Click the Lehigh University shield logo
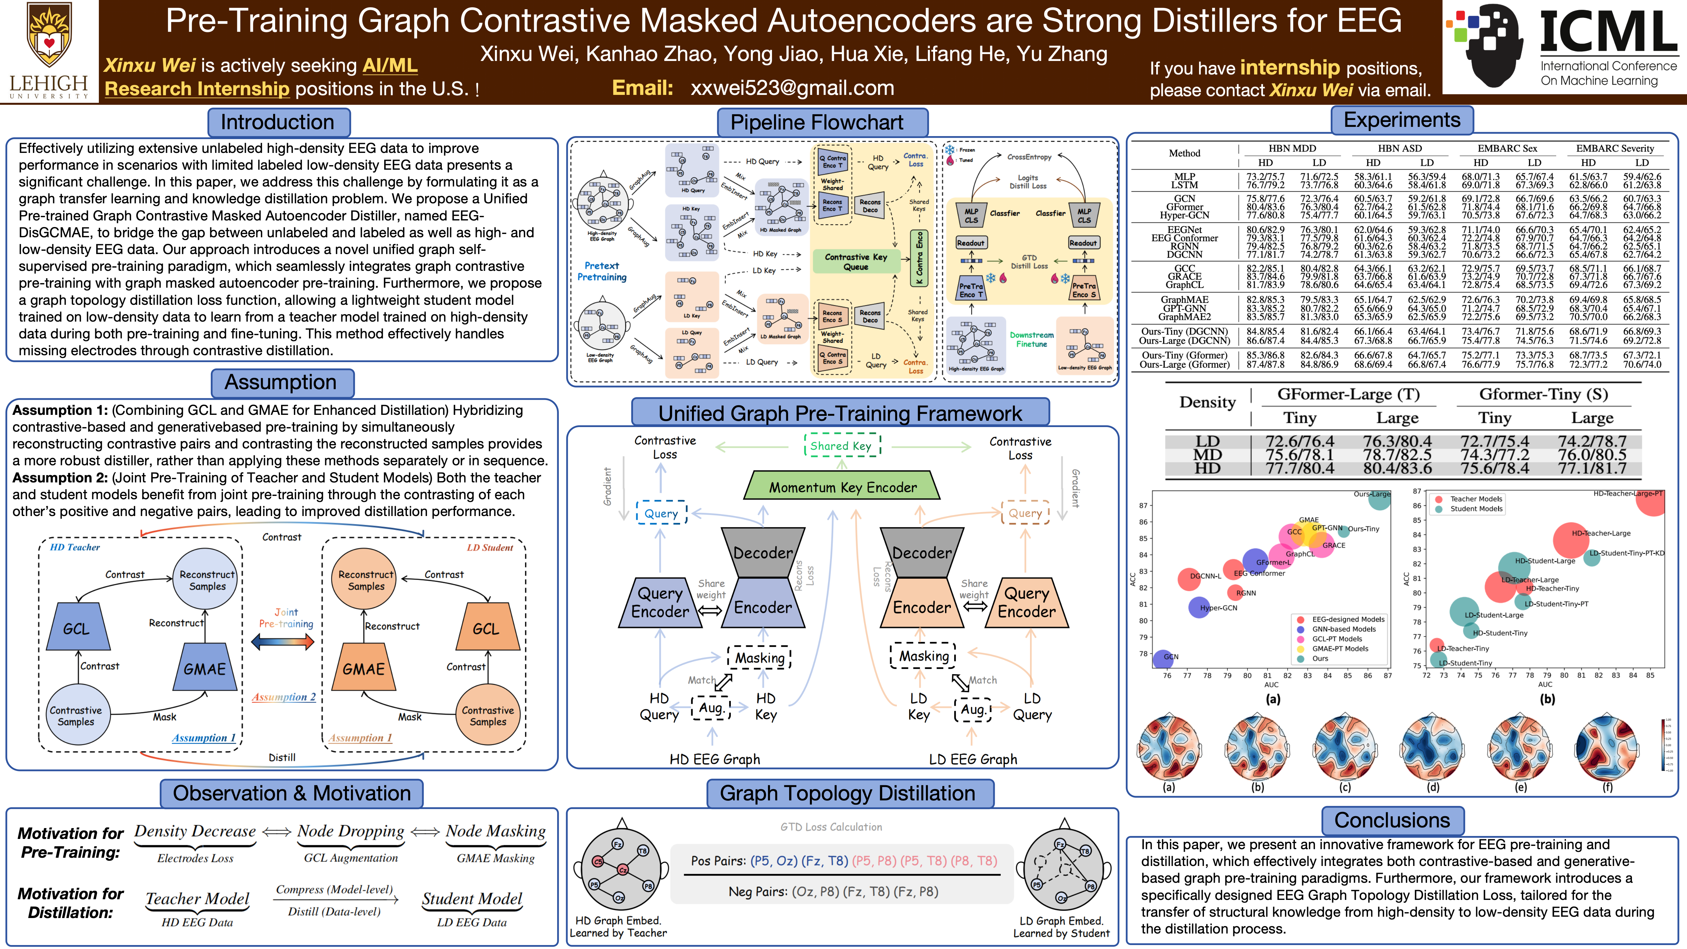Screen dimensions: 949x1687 pyautogui.click(x=49, y=36)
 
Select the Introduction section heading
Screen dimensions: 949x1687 pyautogui.click(x=278, y=123)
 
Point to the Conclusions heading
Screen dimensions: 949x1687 pyautogui.click(x=1392, y=820)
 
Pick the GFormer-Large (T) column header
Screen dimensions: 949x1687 pyautogui.click(x=1348, y=394)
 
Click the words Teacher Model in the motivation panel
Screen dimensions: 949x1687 pyautogui.click(x=198, y=899)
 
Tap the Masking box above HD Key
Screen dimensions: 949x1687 pyautogui.click(x=760, y=658)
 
